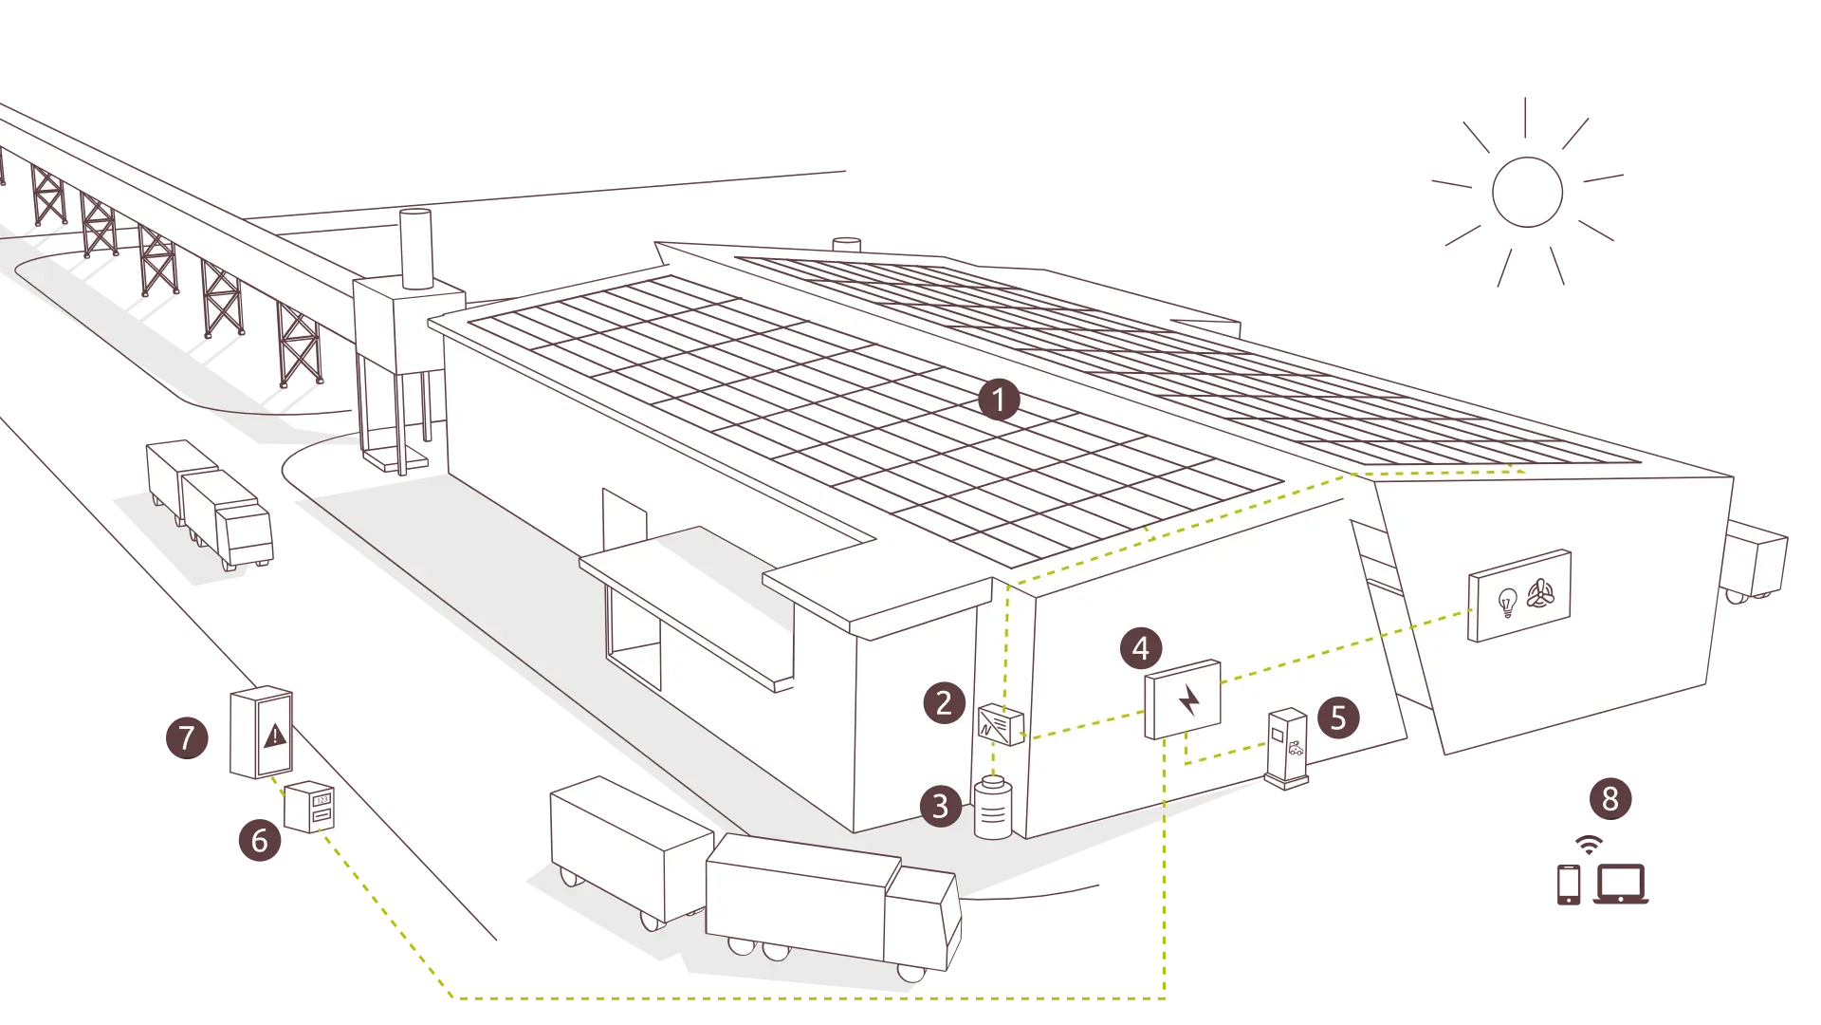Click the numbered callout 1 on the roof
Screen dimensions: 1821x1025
[x=999, y=401]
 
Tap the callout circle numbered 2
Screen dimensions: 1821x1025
[x=945, y=703]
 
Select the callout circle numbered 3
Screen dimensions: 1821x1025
[x=941, y=806]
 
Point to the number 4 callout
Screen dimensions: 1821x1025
[x=1141, y=648]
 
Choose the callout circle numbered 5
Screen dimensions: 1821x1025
[x=1338, y=717]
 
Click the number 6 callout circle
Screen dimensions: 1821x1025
[x=260, y=840]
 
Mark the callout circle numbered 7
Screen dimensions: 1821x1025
[x=187, y=737]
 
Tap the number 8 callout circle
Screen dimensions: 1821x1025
[x=1610, y=799]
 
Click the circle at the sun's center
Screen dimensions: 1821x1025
[x=1527, y=192]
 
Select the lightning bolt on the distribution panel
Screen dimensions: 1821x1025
[x=1189, y=700]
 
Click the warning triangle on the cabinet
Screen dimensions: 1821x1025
[x=275, y=735]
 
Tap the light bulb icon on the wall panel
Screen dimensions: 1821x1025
[x=1507, y=603]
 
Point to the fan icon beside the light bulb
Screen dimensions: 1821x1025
[x=1541, y=594]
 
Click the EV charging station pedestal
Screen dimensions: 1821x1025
[x=1287, y=749]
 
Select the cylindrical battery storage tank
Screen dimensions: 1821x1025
[x=993, y=808]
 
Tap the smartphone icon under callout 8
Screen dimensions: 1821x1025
[x=1569, y=885]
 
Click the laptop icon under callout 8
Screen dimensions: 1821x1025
[x=1621, y=885]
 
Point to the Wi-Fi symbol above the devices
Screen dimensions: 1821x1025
[x=1589, y=845]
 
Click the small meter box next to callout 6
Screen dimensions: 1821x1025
[x=310, y=807]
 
